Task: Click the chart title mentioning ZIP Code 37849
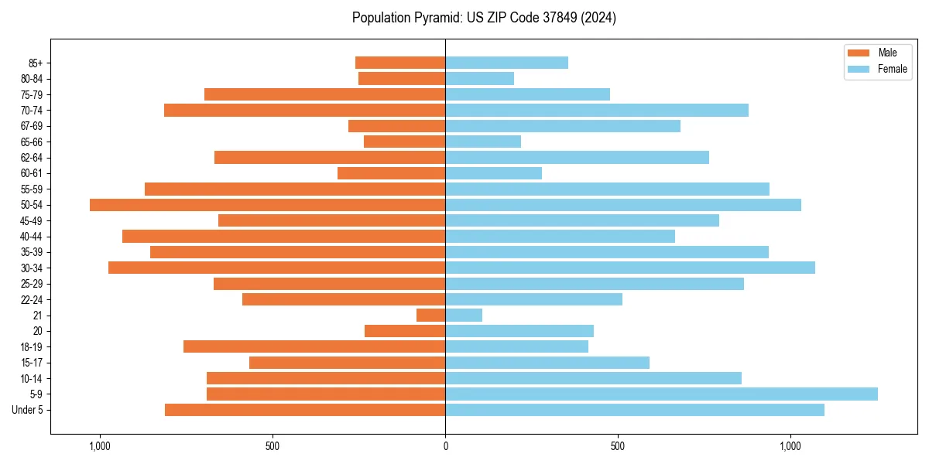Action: click(484, 18)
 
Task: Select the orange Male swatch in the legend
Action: click(859, 53)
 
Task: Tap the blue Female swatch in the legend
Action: click(859, 69)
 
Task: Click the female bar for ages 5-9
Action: click(661, 394)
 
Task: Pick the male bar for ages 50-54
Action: click(267, 205)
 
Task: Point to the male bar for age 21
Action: click(430, 315)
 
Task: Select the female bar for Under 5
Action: click(635, 410)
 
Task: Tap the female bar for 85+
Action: click(506, 63)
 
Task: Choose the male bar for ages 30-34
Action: click(276, 268)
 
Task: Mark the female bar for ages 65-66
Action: click(483, 142)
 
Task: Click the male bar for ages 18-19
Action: click(314, 346)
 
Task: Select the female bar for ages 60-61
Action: click(493, 173)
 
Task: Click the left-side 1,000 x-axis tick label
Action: click(100, 446)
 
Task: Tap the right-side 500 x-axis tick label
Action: click(617, 446)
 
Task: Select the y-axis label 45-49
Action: click(32, 220)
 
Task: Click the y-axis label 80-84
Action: click(32, 78)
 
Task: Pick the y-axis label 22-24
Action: click(32, 299)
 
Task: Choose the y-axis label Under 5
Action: click(28, 410)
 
